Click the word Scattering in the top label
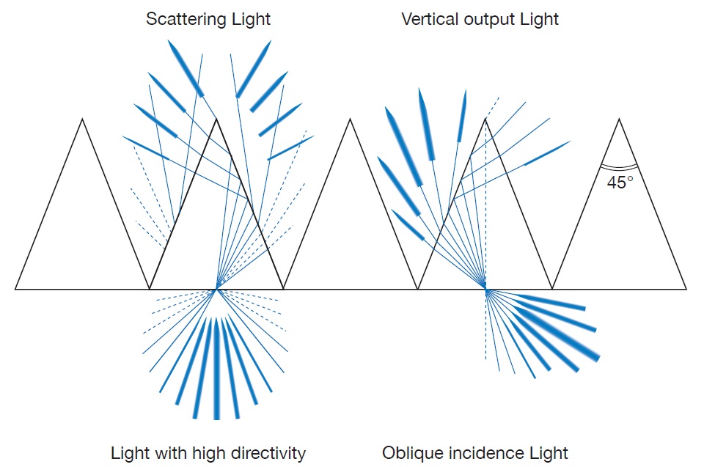(x=186, y=19)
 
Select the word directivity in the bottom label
(x=267, y=453)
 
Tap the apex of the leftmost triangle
(x=82, y=119)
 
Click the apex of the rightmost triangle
(x=620, y=119)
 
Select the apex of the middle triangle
(x=351, y=119)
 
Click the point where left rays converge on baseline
(x=216, y=289)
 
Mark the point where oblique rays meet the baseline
(x=485, y=289)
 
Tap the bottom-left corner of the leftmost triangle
(x=15, y=289)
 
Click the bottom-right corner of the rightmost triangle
(x=686, y=289)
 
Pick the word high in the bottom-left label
(x=207, y=453)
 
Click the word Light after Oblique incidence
(x=549, y=453)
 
